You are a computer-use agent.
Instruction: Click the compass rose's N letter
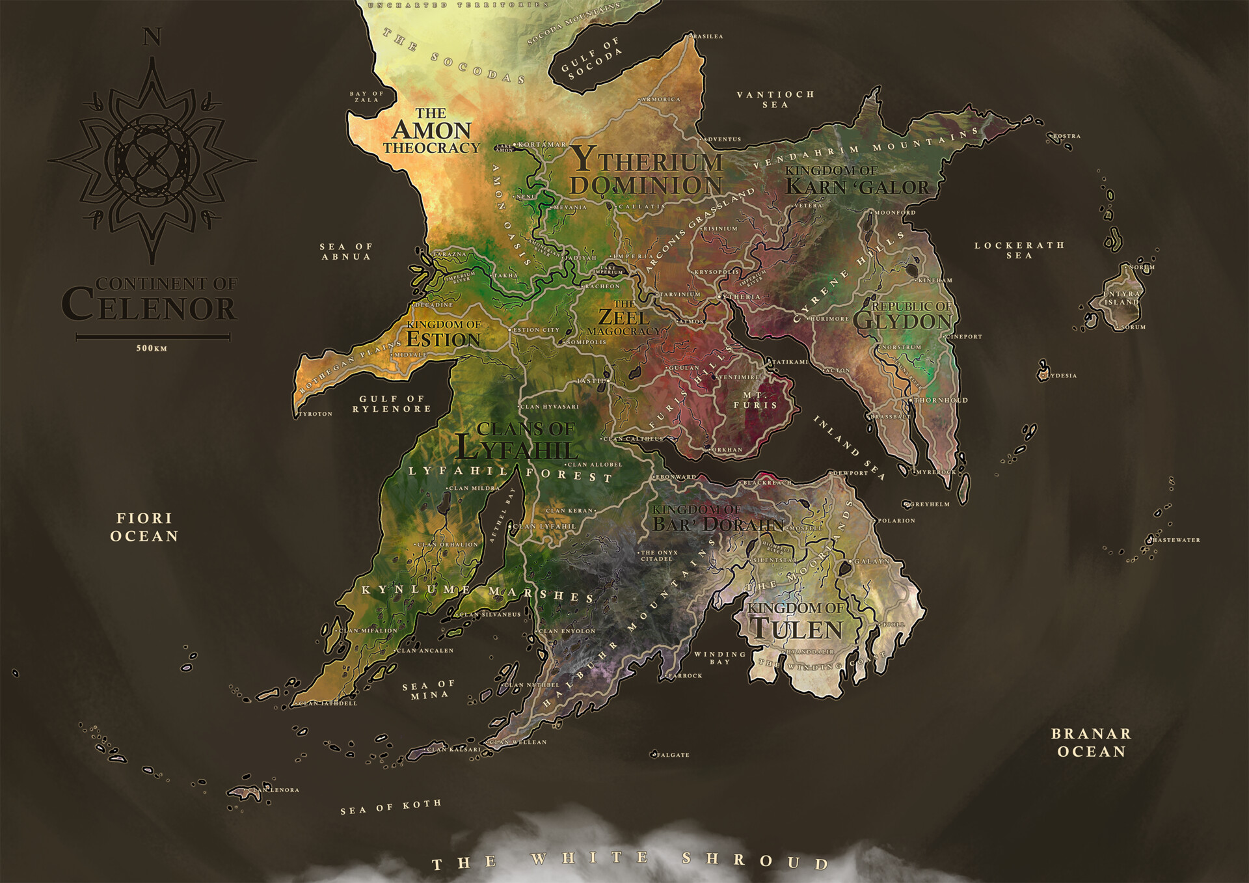click(152, 38)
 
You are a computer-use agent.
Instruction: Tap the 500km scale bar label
click(152, 348)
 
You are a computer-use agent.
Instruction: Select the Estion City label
click(536, 330)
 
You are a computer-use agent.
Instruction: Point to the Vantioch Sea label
click(775, 99)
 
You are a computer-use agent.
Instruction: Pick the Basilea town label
click(708, 36)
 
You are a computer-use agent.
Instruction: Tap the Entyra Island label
click(1121, 298)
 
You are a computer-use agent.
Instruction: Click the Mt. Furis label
click(755, 400)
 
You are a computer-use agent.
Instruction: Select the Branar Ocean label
click(1091, 742)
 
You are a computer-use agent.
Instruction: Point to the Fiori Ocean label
click(144, 527)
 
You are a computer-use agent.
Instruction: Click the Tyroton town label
click(316, 414)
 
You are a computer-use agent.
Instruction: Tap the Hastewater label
click(1177, 539)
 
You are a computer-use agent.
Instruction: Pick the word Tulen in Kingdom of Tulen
click(797, 629)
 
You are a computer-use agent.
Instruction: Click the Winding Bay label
click(720, 658)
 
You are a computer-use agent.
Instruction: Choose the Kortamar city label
click(541, 144)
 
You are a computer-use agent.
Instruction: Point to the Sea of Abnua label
click(345, 251)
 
